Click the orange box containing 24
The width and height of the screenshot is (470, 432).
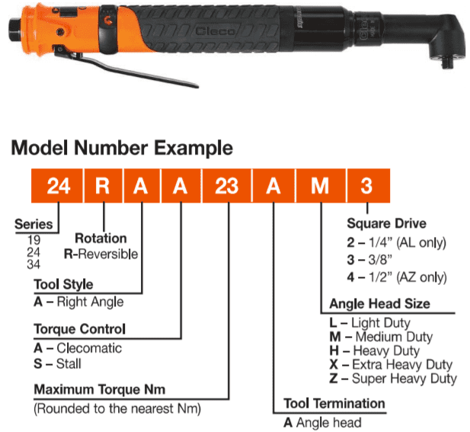(x=57, y=186)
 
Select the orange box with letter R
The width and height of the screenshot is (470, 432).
(x=103, y=186)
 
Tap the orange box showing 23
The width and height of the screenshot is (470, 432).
(x=226, y=186)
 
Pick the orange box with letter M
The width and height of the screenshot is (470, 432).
(x=321, y=186)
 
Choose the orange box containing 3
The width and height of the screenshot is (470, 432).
(x=369, y=186)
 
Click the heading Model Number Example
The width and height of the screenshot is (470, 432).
(x=122, y=148)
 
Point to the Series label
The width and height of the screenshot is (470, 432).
(x=34, y=224)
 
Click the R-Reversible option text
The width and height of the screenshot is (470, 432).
(x=101, y=254)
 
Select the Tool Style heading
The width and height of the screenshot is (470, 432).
(x=63, y=284)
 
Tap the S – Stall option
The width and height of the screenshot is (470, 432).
(x=57, y=364)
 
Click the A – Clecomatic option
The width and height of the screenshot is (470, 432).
(x=78, y=348)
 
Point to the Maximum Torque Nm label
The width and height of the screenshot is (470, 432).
(x=100, y=389)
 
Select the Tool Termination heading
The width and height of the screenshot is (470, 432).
(x=334, y=404)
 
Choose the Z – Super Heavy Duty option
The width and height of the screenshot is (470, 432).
(x=393, y=379)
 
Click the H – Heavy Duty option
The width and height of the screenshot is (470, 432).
(x=374, y=350)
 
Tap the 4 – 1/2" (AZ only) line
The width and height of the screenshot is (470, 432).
(x=397, y=277)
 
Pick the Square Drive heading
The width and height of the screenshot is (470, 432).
(x=387, y=223)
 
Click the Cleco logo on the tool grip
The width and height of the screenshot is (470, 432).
(x=215, y=31)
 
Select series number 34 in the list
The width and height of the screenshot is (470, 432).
(x=34, y=264)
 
